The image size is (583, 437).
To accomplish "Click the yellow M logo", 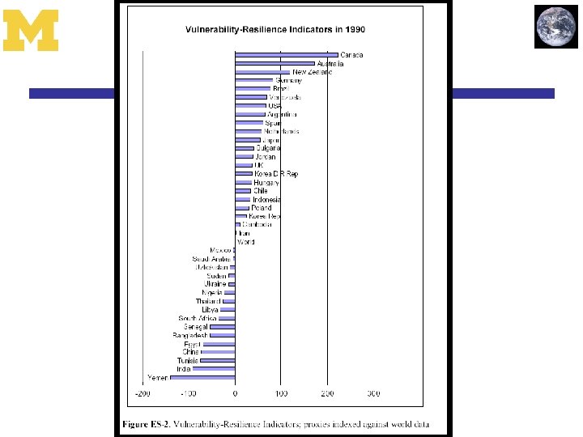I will pos(31,30).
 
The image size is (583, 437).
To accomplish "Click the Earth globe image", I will pos(556,26).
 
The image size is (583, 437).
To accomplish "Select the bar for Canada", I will pos(286,55).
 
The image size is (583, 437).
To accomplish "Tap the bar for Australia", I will pos(274,63).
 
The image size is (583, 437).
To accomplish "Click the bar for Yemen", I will pos(202,377).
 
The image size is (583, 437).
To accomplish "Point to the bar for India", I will pos(214,369).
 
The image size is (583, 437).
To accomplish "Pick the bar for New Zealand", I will pos(262,72).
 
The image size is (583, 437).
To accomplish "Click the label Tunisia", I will pos(188,360).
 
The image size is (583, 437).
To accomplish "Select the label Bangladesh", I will pos(190,335).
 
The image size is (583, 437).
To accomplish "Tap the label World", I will pos(245,242).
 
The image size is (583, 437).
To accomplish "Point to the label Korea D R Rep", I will pos(276,174).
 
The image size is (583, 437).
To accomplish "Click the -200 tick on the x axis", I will pos(141,394).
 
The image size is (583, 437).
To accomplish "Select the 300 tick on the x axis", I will pos(373,394).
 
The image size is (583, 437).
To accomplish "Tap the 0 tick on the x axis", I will pos(235,394).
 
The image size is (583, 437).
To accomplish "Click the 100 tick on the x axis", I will pos(281,394).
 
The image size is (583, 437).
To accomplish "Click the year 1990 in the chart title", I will pos(354,29).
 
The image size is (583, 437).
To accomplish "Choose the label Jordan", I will pos(265,157).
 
